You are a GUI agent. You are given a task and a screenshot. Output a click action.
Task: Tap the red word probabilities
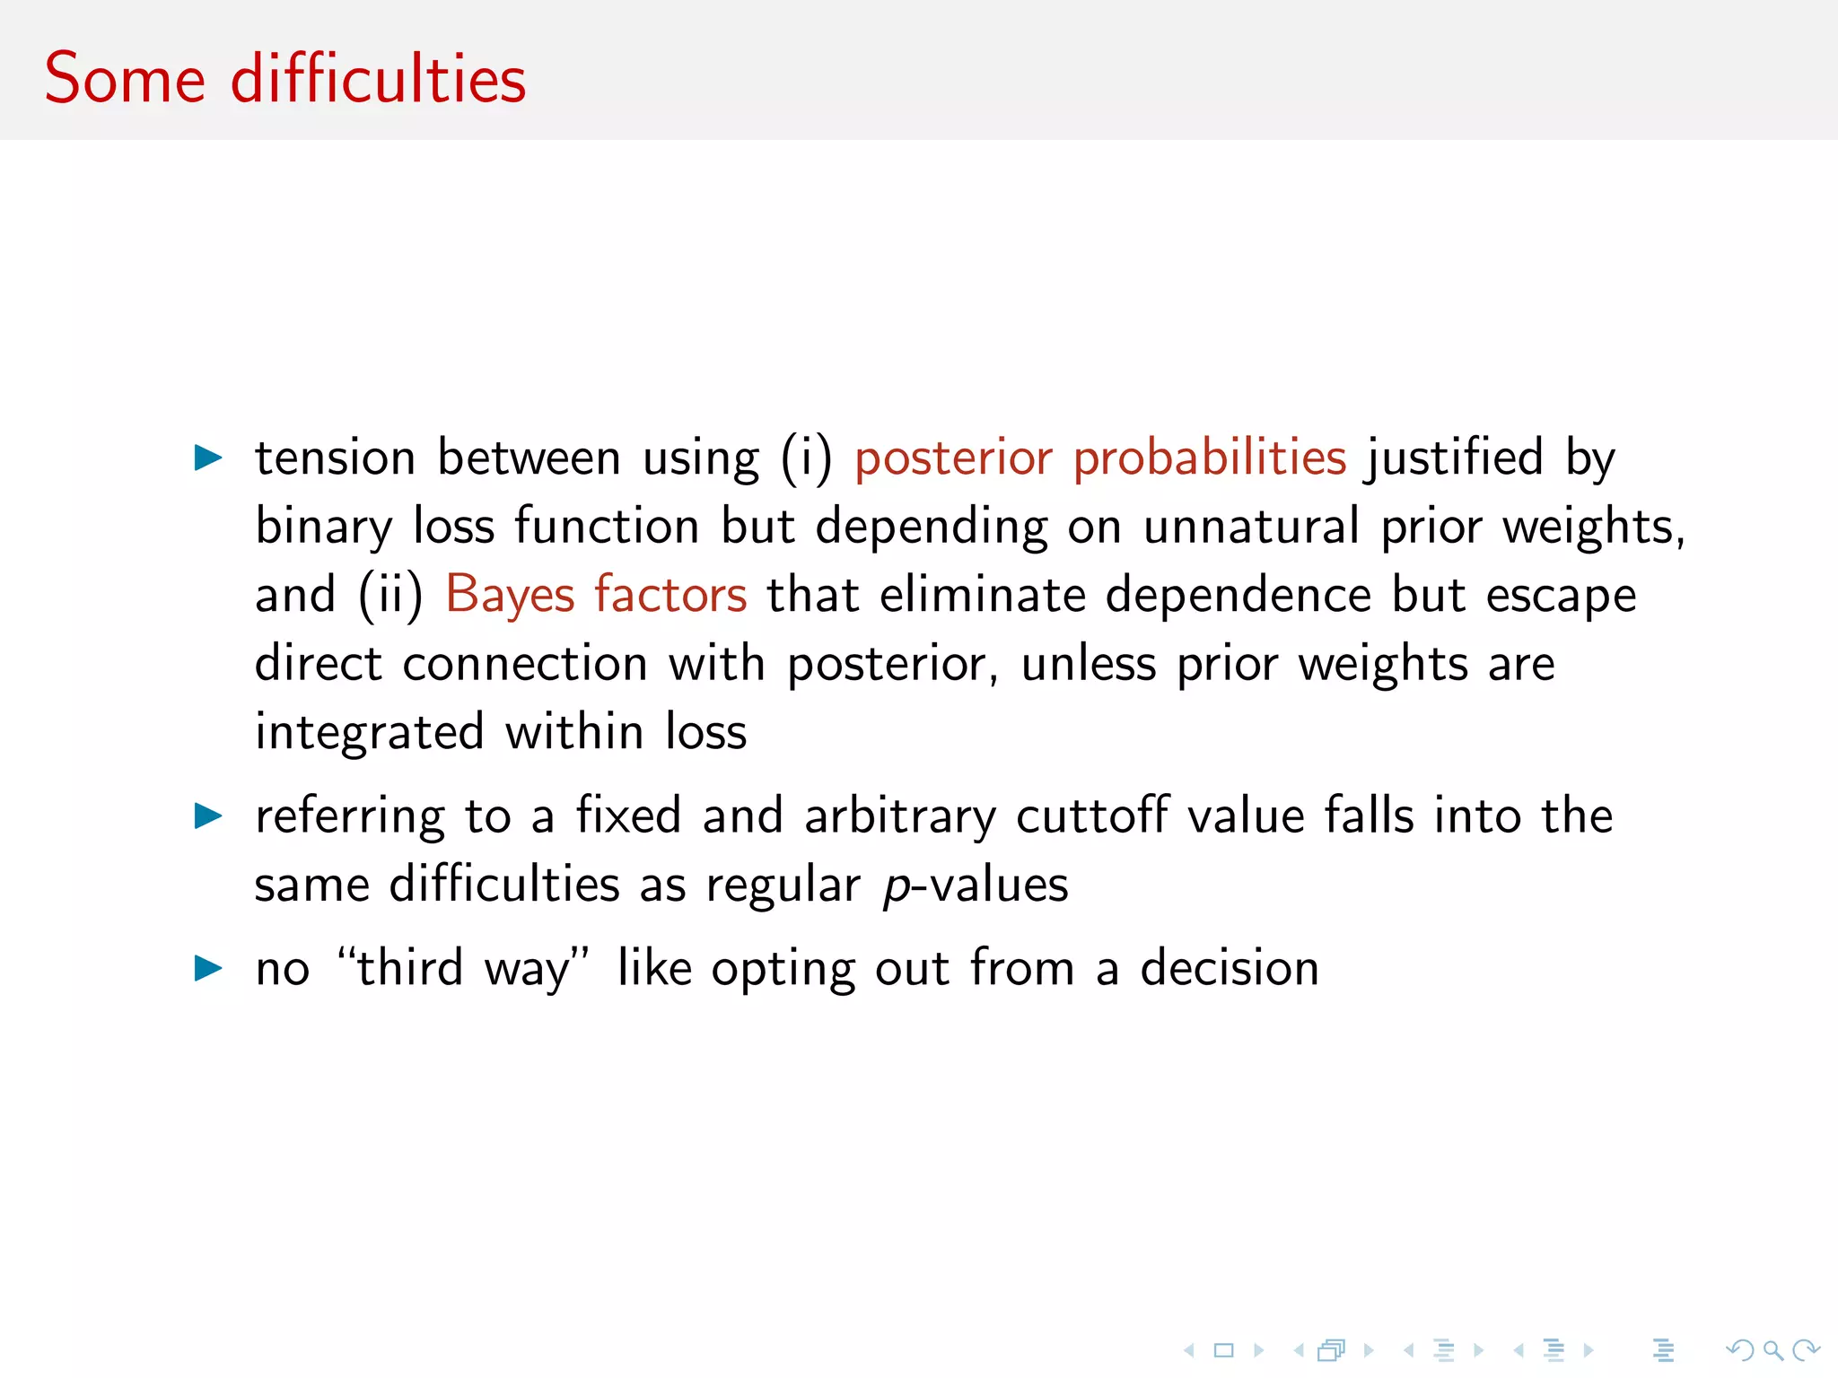point(1209,458)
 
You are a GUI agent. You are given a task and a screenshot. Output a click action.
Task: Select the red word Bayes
point(510,595)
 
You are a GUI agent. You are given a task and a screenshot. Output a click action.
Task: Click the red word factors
point(670,595)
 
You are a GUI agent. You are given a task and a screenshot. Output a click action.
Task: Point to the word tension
point(335,458)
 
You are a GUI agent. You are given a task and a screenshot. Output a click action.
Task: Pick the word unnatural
point(1251,527)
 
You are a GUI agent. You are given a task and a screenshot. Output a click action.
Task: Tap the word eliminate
point(983,595)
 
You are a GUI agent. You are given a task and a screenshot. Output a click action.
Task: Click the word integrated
point(369,732)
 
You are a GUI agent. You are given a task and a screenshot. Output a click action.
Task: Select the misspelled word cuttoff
point(1092,815)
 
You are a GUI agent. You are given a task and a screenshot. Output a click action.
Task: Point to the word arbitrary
point(900,815)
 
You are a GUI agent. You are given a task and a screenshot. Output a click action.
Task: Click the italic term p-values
point(976,885)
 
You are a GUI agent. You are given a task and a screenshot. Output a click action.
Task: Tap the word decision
point(1230,968)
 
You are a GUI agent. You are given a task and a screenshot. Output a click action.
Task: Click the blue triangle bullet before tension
point(208,458)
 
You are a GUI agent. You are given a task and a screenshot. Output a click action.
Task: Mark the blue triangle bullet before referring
point(208,815)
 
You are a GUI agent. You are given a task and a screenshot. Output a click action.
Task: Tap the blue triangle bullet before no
point(208,968)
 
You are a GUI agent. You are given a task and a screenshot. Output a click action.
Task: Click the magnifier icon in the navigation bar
point(1772,1350)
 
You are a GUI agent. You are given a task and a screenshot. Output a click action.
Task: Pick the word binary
point(323,527)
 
